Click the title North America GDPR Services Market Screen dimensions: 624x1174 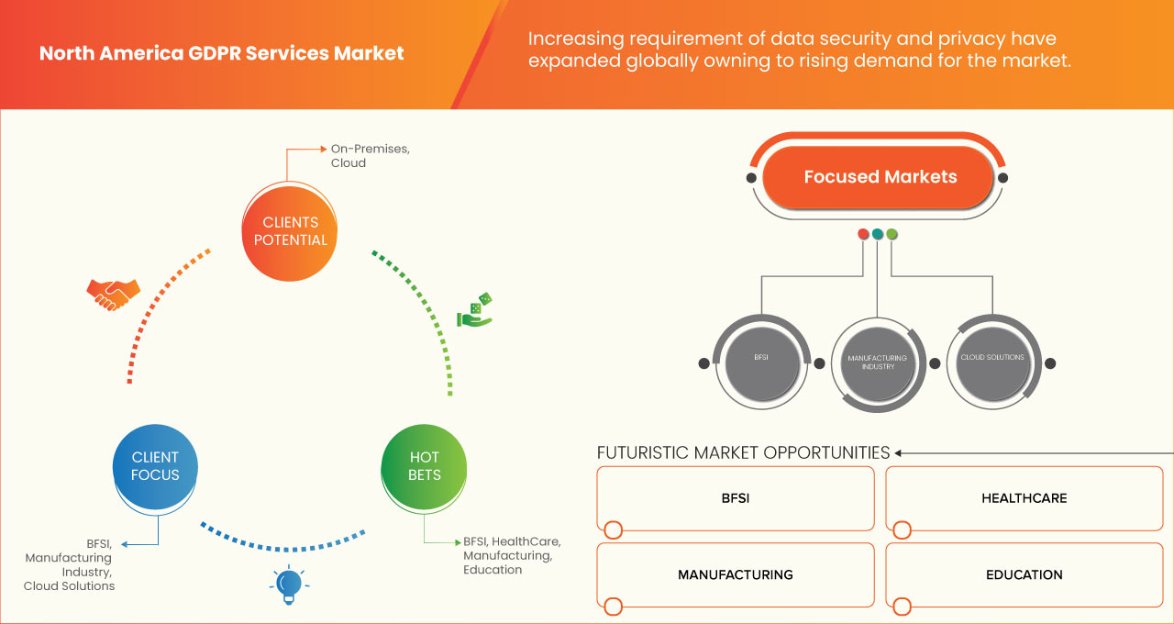point(221,53)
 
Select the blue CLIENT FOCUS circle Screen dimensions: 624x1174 point(155,466)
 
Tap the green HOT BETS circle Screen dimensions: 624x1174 point(425,466)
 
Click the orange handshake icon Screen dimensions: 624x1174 point(113,294)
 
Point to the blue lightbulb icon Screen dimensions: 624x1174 point(289,585)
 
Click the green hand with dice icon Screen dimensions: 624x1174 point(475,311)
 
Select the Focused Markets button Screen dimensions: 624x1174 point(880,177)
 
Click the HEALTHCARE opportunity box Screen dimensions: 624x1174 point(1024,498)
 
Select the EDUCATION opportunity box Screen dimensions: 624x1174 point(1024,574)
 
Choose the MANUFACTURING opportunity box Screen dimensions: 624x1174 point(735,574)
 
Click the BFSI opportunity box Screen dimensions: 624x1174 point(735,498)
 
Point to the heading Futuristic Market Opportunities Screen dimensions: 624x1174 point(743,452)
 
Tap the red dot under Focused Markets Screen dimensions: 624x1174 point(863,234)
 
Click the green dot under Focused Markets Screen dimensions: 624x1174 point(892,234)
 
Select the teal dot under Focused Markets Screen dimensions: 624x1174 point(878,234)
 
